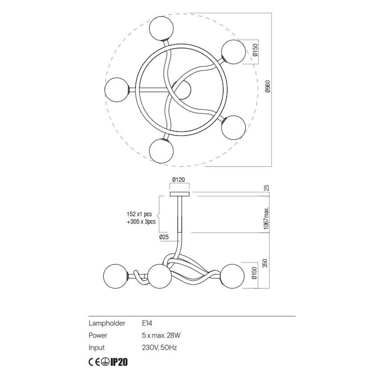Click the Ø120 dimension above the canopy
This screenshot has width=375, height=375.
(x=179, y=180)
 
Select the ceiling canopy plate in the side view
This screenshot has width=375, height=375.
(x=180, y=194)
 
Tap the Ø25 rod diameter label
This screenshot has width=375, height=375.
(x=163, y=237)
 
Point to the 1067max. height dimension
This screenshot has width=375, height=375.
(x=267, y=218)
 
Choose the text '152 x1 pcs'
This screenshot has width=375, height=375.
(x=139, y=214)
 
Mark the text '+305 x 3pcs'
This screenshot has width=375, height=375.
(x=141, y=222)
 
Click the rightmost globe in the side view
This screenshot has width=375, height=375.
(x=233, y=276)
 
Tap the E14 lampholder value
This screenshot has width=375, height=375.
(x=147, y=323)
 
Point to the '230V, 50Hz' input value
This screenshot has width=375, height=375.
(x=159, y=348)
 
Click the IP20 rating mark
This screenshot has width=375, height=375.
(x=120, y=362)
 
